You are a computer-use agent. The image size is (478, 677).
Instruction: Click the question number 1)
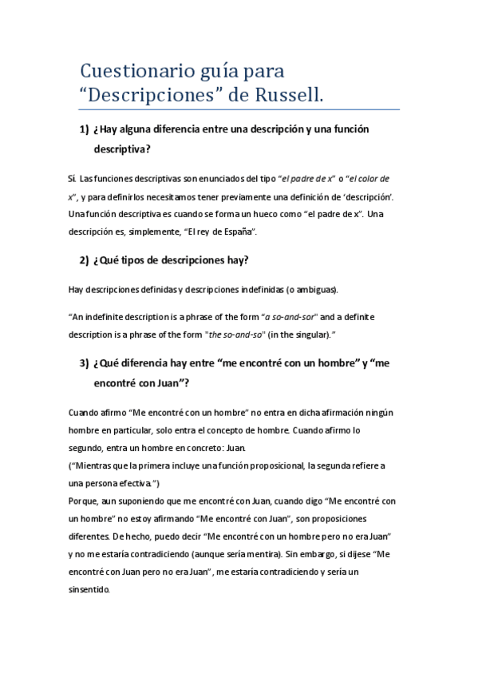point(85,129)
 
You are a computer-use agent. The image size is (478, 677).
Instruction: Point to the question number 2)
point(85,261)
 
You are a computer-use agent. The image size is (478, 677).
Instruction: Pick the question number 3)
point(85,363)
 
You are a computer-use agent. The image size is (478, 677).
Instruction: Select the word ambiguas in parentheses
point(315,288)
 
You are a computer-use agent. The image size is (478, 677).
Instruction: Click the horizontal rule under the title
point(240,109)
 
